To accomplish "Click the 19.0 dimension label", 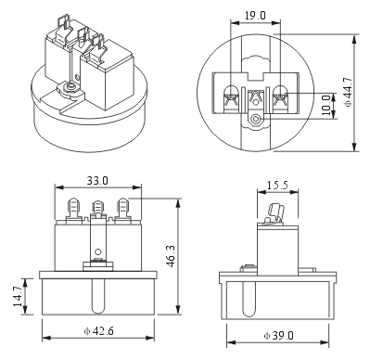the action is click(255, 16).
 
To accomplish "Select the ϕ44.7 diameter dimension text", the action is click(348, 92).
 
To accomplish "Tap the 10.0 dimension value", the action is click(325, 105).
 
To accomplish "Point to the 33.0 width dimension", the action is click(97, 181).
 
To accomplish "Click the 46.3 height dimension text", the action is click(171, 256).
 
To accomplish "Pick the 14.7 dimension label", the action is click(18, 296).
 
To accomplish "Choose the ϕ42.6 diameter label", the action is click(99, 331).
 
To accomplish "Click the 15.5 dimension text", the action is click(277, 186).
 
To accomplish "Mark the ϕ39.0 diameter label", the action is click(279, 336).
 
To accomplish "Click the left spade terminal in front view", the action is click(73, 208).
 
